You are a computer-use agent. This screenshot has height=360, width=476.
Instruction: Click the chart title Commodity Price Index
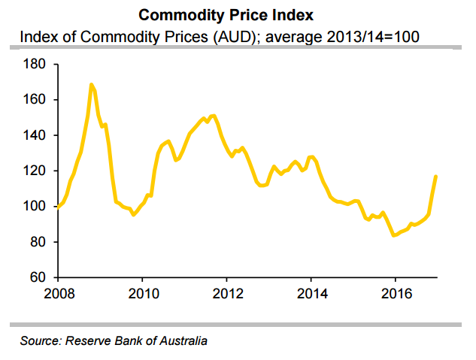pos(238,14)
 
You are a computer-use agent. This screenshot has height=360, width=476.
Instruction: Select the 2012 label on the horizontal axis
pos(227,295)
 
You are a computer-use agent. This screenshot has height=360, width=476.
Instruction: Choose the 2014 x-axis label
pos(311,295)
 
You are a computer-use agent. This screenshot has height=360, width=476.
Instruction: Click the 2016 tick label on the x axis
pos(396,295)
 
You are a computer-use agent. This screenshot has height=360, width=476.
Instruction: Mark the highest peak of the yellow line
pos(91,84)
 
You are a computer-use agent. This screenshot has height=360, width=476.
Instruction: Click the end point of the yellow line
pos(436,176)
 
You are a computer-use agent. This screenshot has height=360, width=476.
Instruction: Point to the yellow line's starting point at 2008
pos(58,207)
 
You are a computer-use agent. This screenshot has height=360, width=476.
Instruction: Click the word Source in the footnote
pos(39,341)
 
